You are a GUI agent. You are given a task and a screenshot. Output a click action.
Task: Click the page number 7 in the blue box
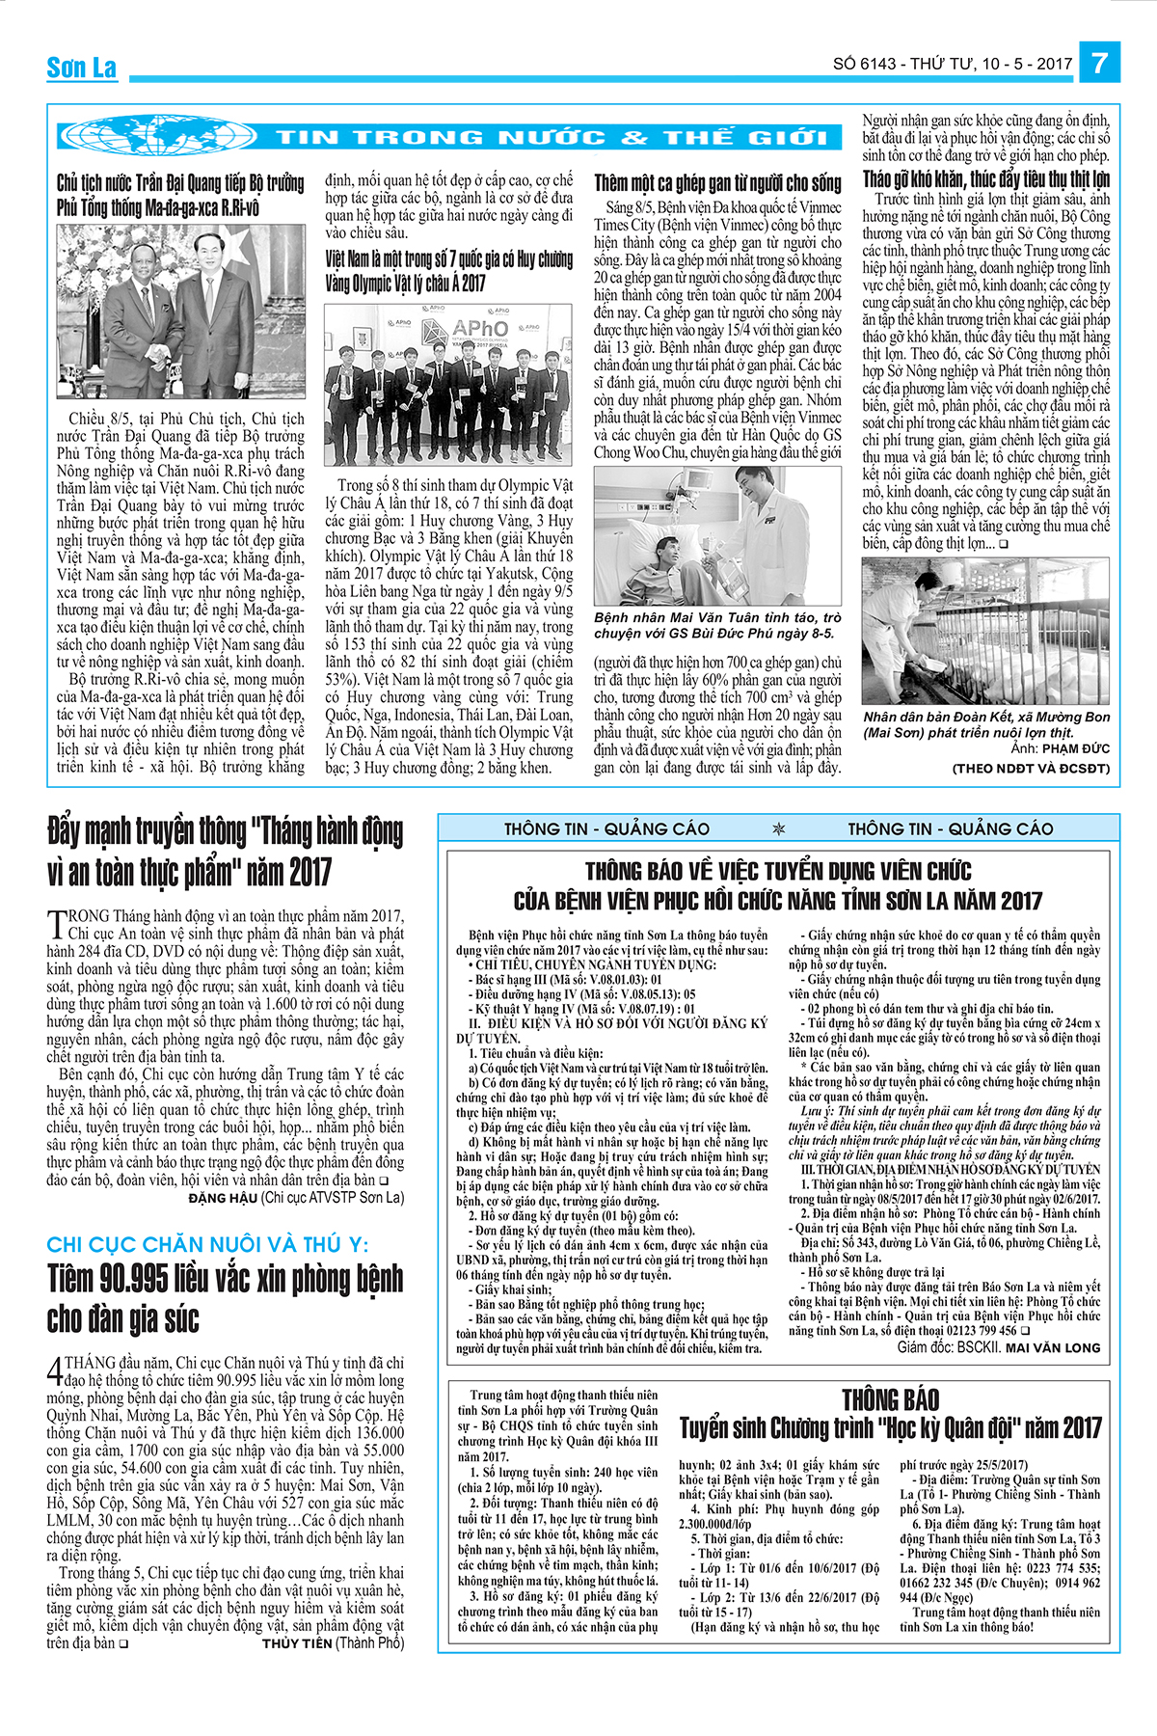pos(1099,64)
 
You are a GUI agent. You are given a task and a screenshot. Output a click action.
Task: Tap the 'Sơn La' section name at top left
pos(81,68)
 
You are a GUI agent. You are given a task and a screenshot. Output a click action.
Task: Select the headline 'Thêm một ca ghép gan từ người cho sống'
pos(717,183)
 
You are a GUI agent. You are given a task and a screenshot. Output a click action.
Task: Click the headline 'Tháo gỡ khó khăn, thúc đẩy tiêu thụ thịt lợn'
pos(985,179)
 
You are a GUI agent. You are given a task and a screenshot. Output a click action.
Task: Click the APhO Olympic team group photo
pos(449,385)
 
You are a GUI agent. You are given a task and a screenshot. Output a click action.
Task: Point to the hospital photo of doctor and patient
pos(716,535)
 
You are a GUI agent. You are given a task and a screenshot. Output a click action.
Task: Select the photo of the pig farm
pos(985,631)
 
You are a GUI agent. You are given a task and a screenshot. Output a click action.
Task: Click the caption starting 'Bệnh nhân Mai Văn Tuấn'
pos(717,625)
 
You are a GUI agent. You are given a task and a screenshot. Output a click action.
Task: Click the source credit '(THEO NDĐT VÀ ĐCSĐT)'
pos(1031,769)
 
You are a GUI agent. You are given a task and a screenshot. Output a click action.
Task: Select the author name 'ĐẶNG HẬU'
pos(223,1198)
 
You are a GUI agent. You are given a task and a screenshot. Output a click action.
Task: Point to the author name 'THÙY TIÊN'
pos(296,1643)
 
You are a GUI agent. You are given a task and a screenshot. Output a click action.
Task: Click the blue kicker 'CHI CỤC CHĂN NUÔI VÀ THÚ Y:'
pos(207,1245)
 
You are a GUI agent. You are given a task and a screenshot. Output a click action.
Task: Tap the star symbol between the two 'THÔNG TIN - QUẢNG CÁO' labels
pos(779,829)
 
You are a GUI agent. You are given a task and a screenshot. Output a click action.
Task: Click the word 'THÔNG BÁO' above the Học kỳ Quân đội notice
pos(890,1399)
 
